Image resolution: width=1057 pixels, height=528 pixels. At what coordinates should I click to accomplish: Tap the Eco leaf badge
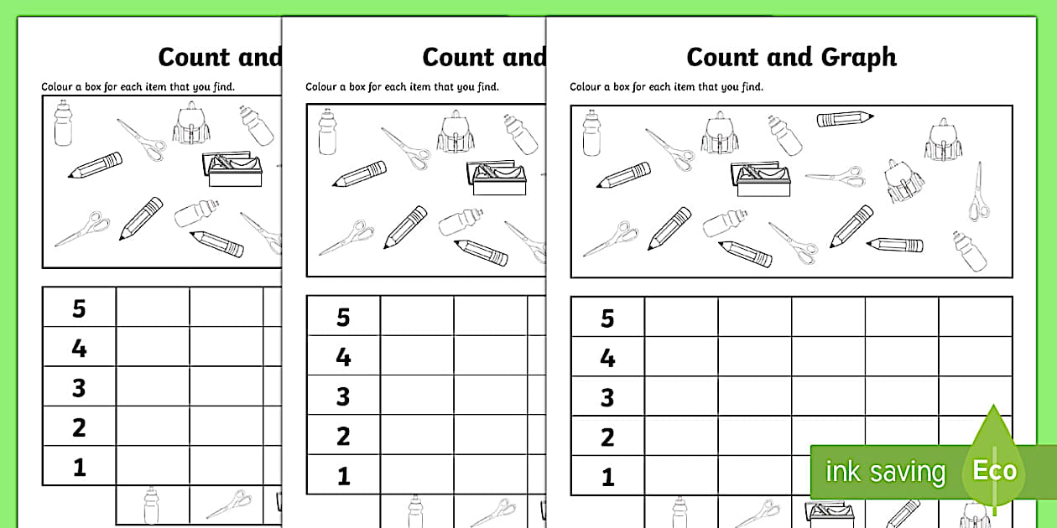995,469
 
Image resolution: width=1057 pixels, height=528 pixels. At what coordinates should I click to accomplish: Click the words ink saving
885,472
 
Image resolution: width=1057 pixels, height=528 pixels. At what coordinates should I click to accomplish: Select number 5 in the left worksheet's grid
79,308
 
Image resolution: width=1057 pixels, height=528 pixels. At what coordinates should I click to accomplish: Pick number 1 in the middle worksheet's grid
343,476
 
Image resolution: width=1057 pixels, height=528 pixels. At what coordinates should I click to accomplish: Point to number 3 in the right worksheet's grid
607,397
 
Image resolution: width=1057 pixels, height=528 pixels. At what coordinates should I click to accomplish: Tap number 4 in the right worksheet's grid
607,358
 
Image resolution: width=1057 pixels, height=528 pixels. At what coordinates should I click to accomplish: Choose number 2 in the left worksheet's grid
79,427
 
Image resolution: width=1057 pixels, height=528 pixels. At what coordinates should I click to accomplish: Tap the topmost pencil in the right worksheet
845,118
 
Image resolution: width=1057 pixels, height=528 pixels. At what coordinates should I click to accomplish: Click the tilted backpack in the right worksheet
903,182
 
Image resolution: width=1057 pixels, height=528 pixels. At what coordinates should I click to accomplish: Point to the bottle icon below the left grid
152,506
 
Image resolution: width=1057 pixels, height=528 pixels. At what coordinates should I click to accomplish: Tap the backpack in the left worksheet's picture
190,123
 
